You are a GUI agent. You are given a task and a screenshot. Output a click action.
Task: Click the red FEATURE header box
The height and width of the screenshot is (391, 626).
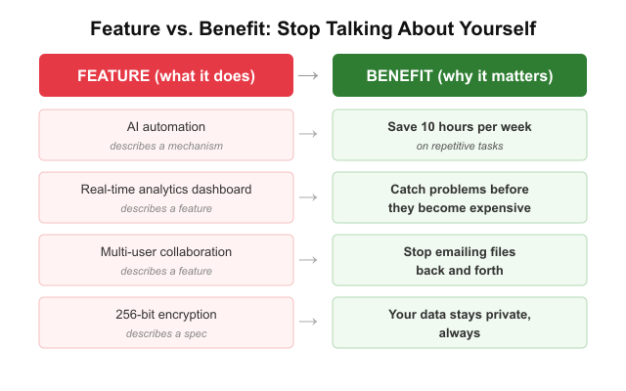(x=166, y=76)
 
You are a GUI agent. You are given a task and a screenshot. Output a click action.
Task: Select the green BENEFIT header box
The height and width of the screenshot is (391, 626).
(x=460, y=76)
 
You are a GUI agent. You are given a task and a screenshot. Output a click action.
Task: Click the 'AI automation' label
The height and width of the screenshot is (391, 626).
(x=166, y=127)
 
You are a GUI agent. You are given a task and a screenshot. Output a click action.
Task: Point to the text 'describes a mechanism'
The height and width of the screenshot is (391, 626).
(x=166, y=146)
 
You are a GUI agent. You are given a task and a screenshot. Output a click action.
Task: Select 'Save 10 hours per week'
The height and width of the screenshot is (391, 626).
(x=460, y=127)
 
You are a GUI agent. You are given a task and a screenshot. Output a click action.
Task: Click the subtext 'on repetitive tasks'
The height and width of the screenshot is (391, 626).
(x=460, y=146)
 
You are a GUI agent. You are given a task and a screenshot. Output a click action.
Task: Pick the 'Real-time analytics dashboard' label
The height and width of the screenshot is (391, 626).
(x=166, y=190)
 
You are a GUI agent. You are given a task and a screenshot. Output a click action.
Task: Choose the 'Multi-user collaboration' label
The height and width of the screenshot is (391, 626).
(x=166, y=252)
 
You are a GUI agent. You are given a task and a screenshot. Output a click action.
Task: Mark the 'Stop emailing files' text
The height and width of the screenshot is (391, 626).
(x=460, y=252)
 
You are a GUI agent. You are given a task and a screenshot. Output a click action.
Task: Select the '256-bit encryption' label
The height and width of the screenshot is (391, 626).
(x=166, y=315)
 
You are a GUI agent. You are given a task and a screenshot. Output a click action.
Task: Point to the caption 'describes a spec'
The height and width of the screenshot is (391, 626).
(x=166, y=333)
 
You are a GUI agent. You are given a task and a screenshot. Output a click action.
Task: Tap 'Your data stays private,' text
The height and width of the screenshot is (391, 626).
(x=460, y=315)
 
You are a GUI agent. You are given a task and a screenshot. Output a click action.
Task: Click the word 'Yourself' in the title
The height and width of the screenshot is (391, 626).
(x=495, y=28)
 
